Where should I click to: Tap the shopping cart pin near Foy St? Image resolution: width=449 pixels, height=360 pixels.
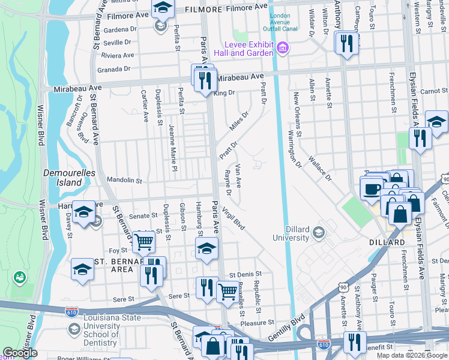click(143, 241)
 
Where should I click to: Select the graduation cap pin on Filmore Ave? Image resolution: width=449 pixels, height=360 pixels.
click(161, 8)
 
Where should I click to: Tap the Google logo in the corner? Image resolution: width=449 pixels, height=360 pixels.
click(20, 353)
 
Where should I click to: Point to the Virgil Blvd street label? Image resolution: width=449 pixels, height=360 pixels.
click(234, 218)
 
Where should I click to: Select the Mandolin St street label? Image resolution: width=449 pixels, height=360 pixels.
click(124, 180)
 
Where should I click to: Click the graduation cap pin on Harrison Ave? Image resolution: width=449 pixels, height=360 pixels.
click(84, 212)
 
